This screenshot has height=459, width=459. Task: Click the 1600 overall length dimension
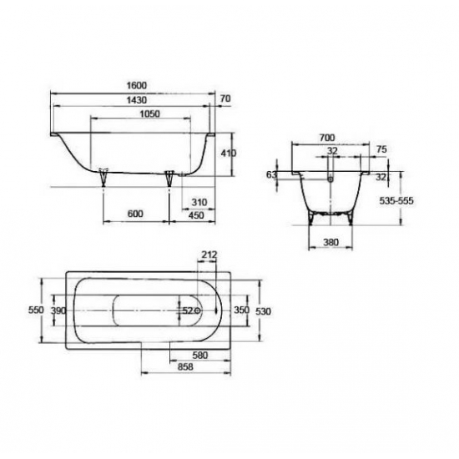[x=137, y=84]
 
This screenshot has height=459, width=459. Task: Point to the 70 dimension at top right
[x=224, y=99]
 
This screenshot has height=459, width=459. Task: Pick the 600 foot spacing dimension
[x=136, y=214]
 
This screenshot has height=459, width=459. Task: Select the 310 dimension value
[x=199, y=203]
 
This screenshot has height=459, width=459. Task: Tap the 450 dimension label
[x=199, y=214]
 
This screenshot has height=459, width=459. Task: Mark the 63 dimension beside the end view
[x=270, y=175]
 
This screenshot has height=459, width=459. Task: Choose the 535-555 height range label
[x=421, y=200]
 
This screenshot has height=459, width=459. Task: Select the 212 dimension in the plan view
[x=209, y=255]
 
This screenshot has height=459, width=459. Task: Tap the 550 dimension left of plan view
[x=35, y=310]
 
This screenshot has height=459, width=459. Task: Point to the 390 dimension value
[x=58, y=310]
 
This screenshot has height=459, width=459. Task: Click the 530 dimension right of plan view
[x=264, y=310]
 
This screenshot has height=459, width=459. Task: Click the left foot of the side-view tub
[x=104, y=176]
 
